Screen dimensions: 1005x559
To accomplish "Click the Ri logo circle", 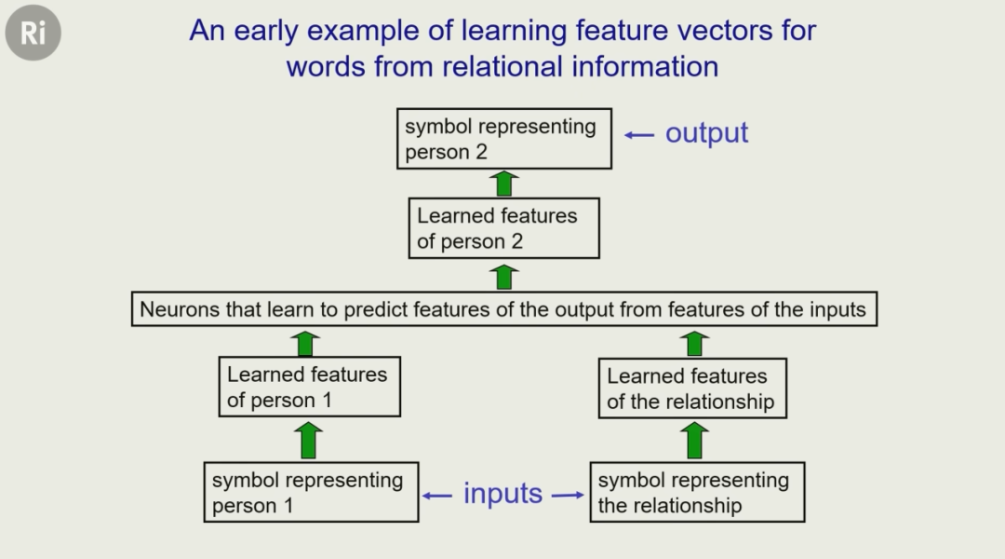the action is [x=33, y=33].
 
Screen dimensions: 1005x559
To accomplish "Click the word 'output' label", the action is [x=706, y=133].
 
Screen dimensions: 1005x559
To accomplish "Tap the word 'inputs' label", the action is [x=502, y=493].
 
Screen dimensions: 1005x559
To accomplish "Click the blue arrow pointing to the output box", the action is [x=639, y=135].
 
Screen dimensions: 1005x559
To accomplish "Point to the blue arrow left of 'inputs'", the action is [x=437, y=496].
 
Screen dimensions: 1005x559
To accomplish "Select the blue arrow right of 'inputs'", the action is [x=568, y=495].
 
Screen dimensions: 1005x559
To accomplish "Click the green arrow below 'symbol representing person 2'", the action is [x=503, y=184].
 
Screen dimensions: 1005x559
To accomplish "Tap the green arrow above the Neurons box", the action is [x=503, y=278].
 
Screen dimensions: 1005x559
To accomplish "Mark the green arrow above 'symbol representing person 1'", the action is [x=308, y=441].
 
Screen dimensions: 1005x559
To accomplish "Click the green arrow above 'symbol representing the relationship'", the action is [x=694, y=441].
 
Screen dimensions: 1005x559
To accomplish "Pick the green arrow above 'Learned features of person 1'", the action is [x=305, y=344].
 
